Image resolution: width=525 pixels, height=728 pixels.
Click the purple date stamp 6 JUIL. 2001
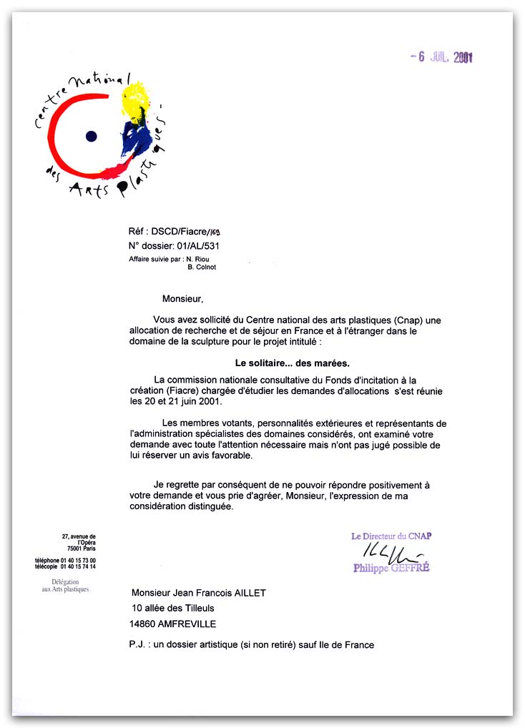[x=442, y=57]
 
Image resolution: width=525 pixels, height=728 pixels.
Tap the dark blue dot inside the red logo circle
[x=91, y=136]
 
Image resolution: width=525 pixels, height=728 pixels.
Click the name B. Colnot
[x=202, y=267]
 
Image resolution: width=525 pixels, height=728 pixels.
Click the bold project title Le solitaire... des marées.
[x=293, y=363]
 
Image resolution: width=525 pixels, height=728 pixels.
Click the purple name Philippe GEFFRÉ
[x=391, y=569]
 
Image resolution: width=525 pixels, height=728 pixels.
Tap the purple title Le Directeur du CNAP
[x=391, y=536]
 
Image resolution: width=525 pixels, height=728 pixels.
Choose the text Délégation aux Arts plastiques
[x=65, y=586]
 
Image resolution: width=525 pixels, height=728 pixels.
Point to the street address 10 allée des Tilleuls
[x=173, y=609]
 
